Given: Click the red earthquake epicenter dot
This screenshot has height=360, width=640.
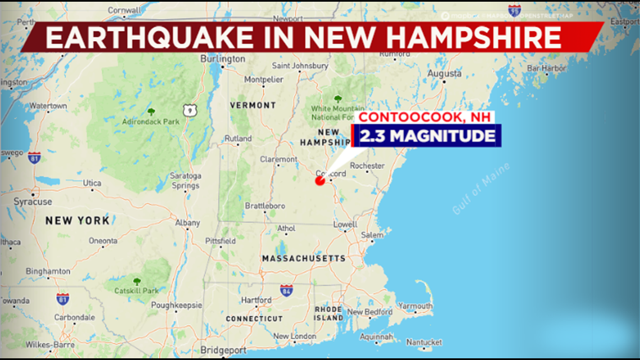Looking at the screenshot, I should coord(320,181).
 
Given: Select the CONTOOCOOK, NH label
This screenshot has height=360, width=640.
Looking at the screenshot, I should coord(425,117).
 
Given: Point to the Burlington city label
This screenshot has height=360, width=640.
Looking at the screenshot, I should coord(223,59).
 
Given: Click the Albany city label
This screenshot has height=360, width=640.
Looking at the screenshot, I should coord(188,223).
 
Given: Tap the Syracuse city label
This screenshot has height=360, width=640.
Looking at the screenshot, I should coord(33,202).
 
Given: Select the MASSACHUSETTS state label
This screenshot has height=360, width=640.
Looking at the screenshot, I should coord(304,258).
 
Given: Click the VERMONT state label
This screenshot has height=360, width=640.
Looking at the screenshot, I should coord(253,105).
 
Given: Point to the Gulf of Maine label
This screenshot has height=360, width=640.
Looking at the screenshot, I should coord(481,189).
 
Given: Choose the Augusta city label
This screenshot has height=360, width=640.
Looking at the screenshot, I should coord(444,74).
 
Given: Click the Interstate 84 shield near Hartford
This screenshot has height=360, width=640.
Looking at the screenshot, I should coord(286,290).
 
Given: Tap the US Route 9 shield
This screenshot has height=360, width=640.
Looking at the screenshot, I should coord(189,111).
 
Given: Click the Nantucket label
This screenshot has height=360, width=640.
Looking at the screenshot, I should coord(424,341).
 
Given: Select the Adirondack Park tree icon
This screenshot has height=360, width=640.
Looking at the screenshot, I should coord(151,111).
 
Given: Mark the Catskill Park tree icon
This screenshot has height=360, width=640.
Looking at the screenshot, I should coord(136,281).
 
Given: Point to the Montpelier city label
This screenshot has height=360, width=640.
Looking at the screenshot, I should coord(264,80).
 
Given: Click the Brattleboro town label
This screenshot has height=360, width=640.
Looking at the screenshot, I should coord(265,206).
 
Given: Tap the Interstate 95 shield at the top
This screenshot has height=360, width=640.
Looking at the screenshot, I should coord(514,10).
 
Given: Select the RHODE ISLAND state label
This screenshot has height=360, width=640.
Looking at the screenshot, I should coord(328,313).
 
